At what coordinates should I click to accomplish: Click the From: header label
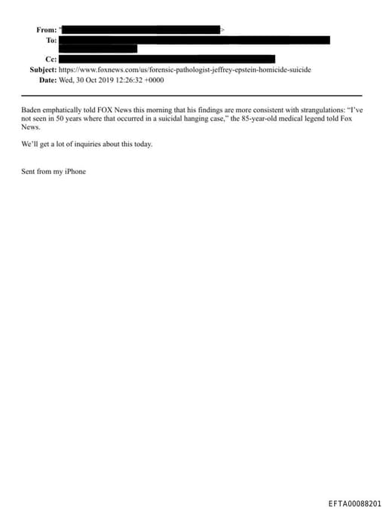click(46, 29)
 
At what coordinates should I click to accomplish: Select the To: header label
click(51, 40)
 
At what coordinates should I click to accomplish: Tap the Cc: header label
click(51, 59)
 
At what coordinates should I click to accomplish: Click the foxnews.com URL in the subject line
click(185, 69)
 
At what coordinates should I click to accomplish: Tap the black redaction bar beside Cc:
click(167, 59)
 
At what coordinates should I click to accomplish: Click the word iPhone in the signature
click(75, 172)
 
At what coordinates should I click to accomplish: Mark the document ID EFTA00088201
click(354, 503)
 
